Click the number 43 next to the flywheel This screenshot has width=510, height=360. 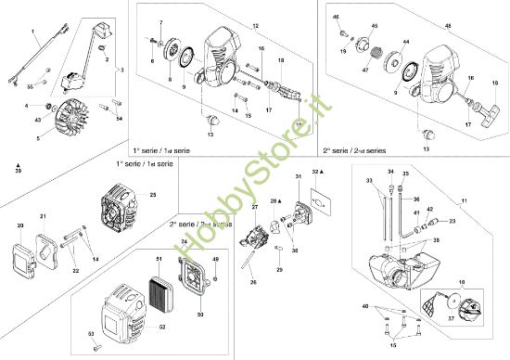pos(37,120)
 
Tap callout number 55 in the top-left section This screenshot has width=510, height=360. pos(30,85)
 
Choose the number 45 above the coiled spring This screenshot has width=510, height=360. pos(375,26)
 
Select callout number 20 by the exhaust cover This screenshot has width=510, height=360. pos(20,225)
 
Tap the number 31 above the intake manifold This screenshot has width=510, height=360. pos(298,176)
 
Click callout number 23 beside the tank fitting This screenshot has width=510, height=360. pos(452,222)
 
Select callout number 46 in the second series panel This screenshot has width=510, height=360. pos(336,18)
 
